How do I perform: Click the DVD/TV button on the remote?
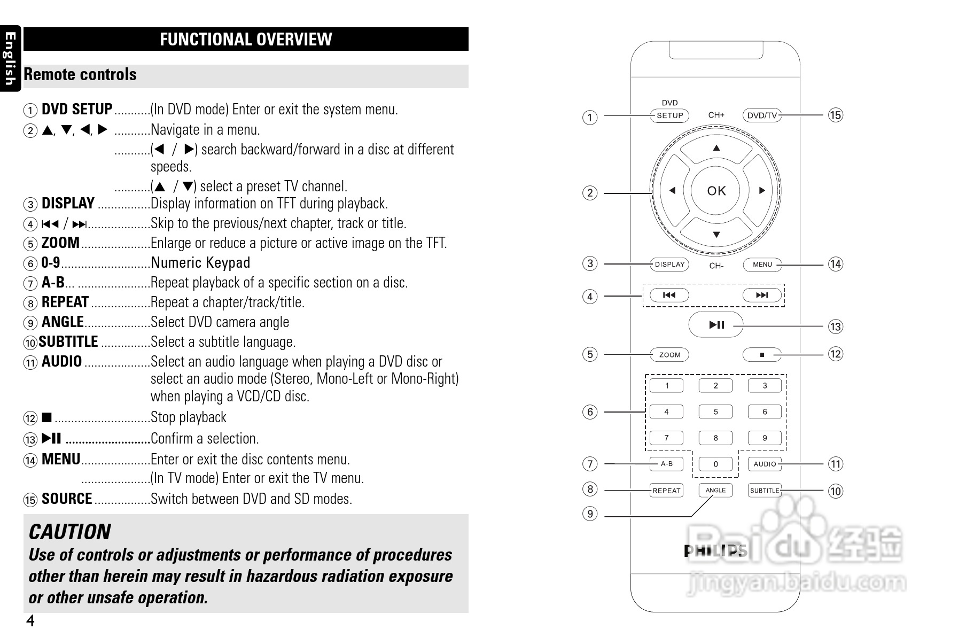click(x=762, y=115)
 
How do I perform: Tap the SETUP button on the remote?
click(x=669, y=115)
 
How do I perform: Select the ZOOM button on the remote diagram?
click(x=669, y=355)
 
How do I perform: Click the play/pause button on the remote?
click(x=716, y=324)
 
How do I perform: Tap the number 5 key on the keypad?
click(x=715, y=412)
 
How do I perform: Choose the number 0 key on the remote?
click(x=715, y=464)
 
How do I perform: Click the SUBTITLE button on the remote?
click(x=765, y=491)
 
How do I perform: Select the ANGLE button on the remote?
click(x=715, y=490)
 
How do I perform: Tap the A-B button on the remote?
click(x=666, y=464)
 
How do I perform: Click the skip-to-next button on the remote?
click(x=762, y=295)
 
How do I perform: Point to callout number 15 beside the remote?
click(x=835, y=115)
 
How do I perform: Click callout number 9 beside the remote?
click(x=590, y=514)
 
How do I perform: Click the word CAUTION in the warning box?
click(x=69, y=532)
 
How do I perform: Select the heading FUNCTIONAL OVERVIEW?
click(x=246, y=40)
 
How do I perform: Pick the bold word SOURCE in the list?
click(x=67, y=499)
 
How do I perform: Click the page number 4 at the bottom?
click(x=30, y=621)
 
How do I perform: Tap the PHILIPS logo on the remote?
click(x=715, y=551)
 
